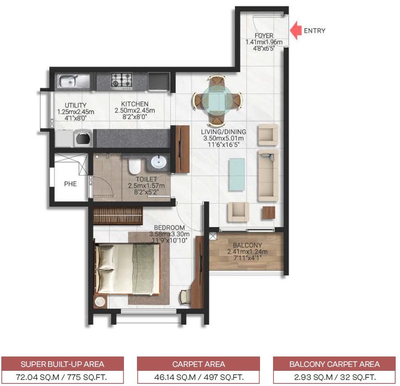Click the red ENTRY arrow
pyautogui.click(x=296, y=31)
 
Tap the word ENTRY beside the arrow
pyautogui.click(x=314, y=31)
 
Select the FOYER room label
pyautogui.click(x=264, y=36)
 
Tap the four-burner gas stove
pyautogui.click(x=121, y=80)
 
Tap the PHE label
pyautogui.click(x=70, y=184)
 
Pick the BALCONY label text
pyautogui.click(x=247, y=245)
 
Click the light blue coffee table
pyautogui.click(x=237, y=174)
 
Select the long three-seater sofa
pyautogui.click(x=268, y=176)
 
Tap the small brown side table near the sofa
pyautogui.click(x=268, y=213)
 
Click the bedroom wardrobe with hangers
pyautogui.click(x=117, y=216)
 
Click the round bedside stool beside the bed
pyautogui.click(x=101, y=302)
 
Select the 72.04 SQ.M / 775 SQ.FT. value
pyautogui.click(x=62, y=376)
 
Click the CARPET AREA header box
pyautogui.click(x=198, y=364)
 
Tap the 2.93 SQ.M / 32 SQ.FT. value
pyautogui.click(x=334, y=376)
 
